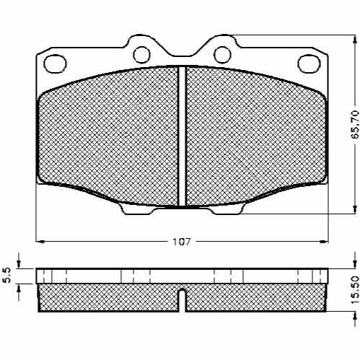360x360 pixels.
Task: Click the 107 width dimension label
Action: pos(182,242)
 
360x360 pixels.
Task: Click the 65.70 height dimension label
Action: pos(355,127)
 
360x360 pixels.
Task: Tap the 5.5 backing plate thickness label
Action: pos(7,276)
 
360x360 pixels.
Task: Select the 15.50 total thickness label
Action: pos(355,291)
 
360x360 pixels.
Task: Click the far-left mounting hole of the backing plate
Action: pos(55,63)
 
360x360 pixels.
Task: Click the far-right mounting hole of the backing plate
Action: pos(309,63)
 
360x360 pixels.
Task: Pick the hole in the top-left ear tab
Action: pos(141,55)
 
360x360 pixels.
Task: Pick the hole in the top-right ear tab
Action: pos(222,55)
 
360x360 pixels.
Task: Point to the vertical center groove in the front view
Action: pos(183,136)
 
